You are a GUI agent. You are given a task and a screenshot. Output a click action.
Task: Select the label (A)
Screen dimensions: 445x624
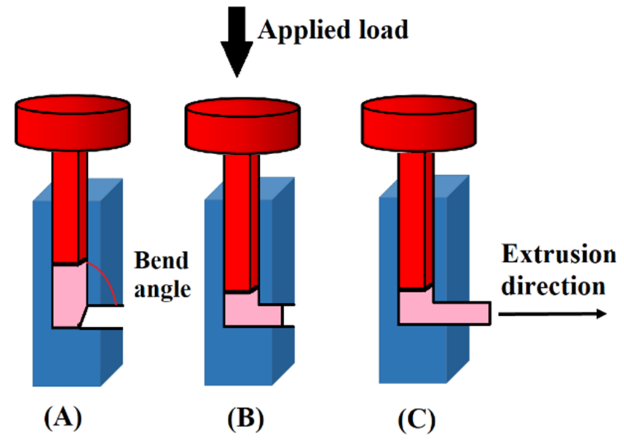(x=63, y=418)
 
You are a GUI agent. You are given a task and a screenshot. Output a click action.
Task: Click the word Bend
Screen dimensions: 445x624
(x=161, y=260)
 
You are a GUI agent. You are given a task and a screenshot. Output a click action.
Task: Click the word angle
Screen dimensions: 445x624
(x=162, y=290)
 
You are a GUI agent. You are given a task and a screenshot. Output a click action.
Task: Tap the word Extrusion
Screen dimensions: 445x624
(x=559, y=255)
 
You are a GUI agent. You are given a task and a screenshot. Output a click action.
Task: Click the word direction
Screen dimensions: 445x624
(x=553, y=286)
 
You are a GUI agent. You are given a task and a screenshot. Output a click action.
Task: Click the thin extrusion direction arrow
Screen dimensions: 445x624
(x=552, y=314)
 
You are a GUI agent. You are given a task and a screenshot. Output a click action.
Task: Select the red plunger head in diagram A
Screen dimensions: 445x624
(x=72, y=123)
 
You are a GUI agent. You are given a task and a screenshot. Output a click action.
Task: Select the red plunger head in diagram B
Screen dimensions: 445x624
(x=242, y=126)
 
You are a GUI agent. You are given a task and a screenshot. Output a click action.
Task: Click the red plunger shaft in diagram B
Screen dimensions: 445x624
(x=237, y=221)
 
